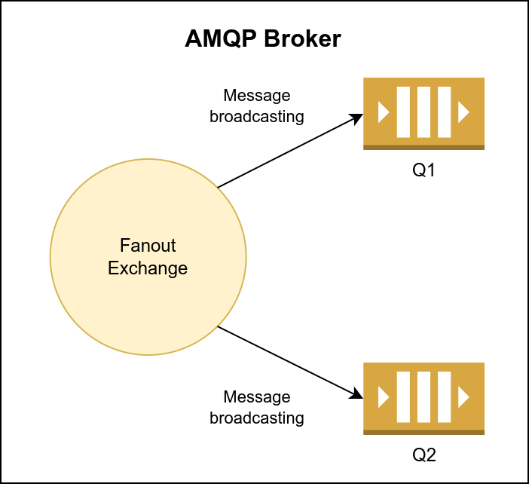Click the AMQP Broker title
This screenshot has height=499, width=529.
pyautogui.click(x=263, y=39)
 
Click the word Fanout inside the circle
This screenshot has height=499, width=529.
pyautogui.click(x=148, y=246)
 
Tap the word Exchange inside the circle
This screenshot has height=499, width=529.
pyautogui.click(x=148, y=268)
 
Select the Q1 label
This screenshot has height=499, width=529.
pyautogui.click(x=424, y=170)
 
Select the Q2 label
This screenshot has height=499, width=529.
pyautogui.click(x=424, y=455)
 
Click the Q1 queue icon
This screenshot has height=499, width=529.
pyautogui.click(x=424, y=113)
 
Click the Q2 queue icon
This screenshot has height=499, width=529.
pyautogui.click(x=424, y=398)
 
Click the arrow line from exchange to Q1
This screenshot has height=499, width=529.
pyautogui.click(x=286, y=152)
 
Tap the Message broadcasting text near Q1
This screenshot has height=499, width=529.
pyautogui.click(x=257, y=106)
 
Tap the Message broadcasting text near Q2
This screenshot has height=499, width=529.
pyautogui.click(x=257, y=407)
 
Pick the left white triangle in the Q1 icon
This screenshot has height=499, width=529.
pyautogui.click(x=384, y=113)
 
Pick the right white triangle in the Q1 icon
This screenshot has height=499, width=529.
pyautogui.click(x=463, y=113)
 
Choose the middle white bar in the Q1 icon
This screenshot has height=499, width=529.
pyautogui.click(x=424, y=112)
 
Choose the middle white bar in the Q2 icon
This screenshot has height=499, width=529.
pyautogui.click(x=424, y=397)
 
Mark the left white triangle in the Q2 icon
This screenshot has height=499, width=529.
pyautogui.click(x=384, y=397)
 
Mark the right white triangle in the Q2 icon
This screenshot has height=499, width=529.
pyautogui.click(x=463, y=397)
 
